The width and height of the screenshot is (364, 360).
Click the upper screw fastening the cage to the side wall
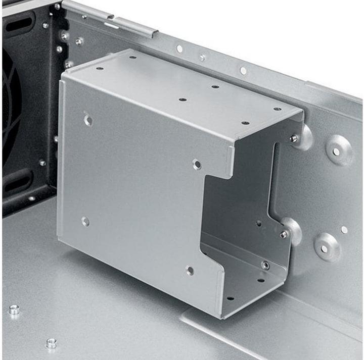tap(294, 138)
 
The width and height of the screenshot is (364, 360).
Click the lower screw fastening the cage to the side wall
tap(284, 234)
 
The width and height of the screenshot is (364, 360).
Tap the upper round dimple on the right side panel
tap(337, 151)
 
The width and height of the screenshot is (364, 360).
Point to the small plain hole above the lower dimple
tap(344, 230)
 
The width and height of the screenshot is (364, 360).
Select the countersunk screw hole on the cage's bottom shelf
tap(265, 265)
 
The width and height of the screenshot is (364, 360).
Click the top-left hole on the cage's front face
tap(88, 120)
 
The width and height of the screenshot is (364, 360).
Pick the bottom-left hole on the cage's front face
tap(85, 221)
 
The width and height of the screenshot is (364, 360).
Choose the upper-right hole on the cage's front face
tap(197, 164)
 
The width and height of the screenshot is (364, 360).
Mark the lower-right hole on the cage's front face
tap(190, 271)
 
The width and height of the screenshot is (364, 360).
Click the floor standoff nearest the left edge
tap(14, 310)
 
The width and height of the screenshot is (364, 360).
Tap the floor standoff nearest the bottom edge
tap(51, 343)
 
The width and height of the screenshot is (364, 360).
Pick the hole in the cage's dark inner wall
tap(258, 223)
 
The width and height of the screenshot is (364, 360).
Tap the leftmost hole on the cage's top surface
tap(100, 68)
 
